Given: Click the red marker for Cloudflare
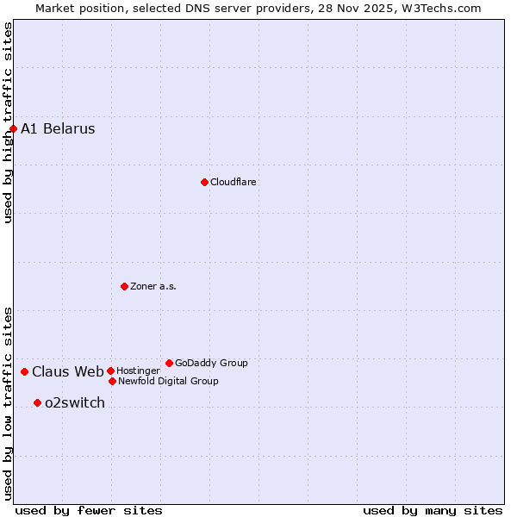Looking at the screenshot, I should (x=204, y=182).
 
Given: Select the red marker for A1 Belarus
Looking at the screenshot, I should (x=13, y=129).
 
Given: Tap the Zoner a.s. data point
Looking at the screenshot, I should (x=124, y=286).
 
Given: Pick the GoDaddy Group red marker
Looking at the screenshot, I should (x=169, y=363).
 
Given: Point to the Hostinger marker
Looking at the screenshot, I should (x=110, y=371).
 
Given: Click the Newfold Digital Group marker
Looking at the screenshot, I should (x=112, y=381).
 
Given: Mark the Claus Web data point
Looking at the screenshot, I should (x=24, y=371).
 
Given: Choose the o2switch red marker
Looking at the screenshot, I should (x=37, y=402).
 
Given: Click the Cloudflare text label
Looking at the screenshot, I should (x=234, y=182).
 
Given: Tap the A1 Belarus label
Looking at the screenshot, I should (x=58, y=129).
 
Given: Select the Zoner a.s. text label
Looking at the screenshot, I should (x=153, y=286).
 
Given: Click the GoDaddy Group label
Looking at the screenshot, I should (x=211, y=363).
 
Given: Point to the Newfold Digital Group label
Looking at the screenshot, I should (x=168, y=381).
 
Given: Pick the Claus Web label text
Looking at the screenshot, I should (x=68, y=372).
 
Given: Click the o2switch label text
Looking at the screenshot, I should (x=75, y=403).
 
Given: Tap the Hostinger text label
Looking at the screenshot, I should (x=138, y=371).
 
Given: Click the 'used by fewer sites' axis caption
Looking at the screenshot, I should (x=89, y=510).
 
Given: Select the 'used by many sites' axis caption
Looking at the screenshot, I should (x=433, y=510).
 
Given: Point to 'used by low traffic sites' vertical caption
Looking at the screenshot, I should (x=8, y=403).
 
